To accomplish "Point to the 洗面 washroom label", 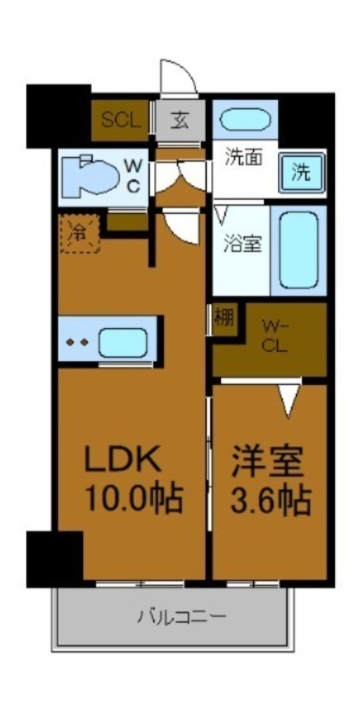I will click(241, 161).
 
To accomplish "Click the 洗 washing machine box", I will click(302, 172).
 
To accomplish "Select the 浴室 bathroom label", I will click(241, 242).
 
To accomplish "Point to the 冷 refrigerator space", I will click(79, 234).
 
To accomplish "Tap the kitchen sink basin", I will click(122, 341).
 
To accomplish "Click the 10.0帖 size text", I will click(133, 498).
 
